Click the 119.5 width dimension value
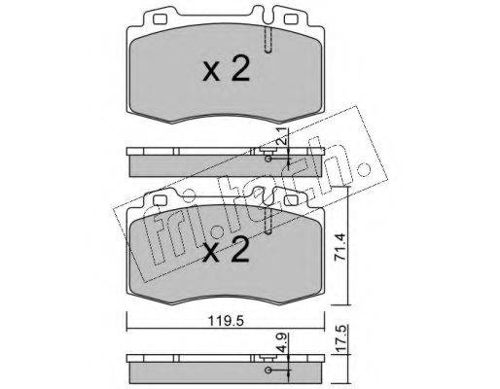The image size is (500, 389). (226, 322)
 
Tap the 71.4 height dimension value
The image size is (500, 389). (340, 247)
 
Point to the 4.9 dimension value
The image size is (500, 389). (283, 344)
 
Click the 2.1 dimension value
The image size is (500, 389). (283, 135)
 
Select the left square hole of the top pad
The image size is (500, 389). (160, 19)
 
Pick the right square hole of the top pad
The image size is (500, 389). (291, 19)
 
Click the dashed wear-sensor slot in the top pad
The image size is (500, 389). (268, 39)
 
